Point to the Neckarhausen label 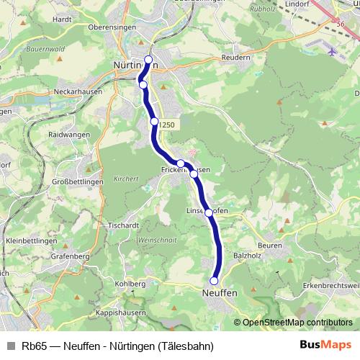78,92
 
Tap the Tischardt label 123,225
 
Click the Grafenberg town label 70,256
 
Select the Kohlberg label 130,284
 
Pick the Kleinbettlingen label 31,240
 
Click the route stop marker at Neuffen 214,281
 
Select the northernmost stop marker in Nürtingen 149,60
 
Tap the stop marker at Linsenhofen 209,212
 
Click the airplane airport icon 330,52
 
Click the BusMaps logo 326,346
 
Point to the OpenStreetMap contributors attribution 297,322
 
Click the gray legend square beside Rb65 11,346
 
